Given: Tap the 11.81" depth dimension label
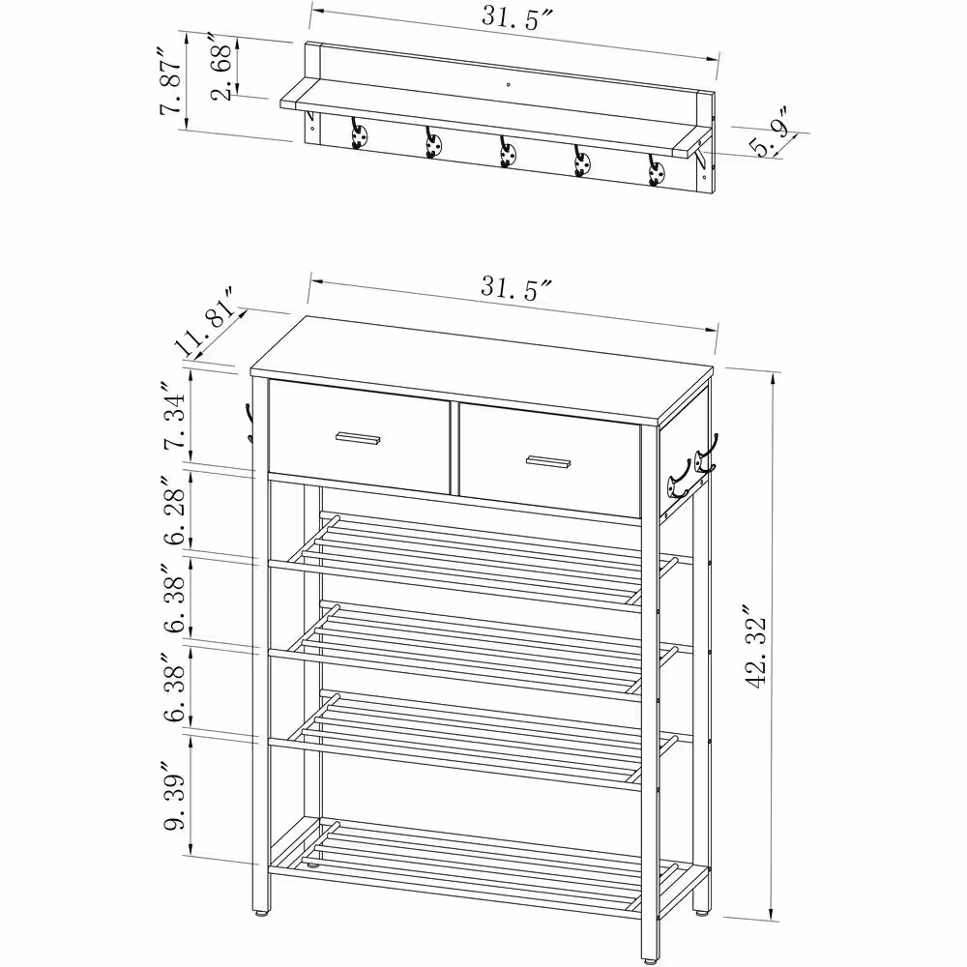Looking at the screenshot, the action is pos(208,321).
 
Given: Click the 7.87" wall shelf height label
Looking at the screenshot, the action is pos(172,78).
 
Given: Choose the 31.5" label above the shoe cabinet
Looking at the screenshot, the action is pos(515,287).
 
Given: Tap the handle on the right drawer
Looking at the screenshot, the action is pos(548,462).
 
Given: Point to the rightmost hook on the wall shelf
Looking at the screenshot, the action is pos(657,170).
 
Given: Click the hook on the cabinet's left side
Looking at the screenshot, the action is pos(249,423).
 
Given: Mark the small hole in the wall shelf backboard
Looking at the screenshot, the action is pos(509,84).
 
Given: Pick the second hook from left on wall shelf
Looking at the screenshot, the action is pos(433,142).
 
